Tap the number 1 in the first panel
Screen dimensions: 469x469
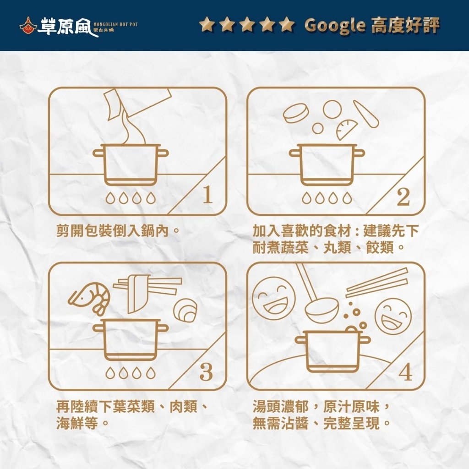tap(207, 196)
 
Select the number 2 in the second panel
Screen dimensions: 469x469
tap(403, 197)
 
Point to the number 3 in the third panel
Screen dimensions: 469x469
tap(206, 372)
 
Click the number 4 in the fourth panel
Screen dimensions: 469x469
tap(405, 373)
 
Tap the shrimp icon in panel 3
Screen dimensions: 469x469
tap(90, 297)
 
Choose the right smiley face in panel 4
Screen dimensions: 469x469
tap(393, 316)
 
